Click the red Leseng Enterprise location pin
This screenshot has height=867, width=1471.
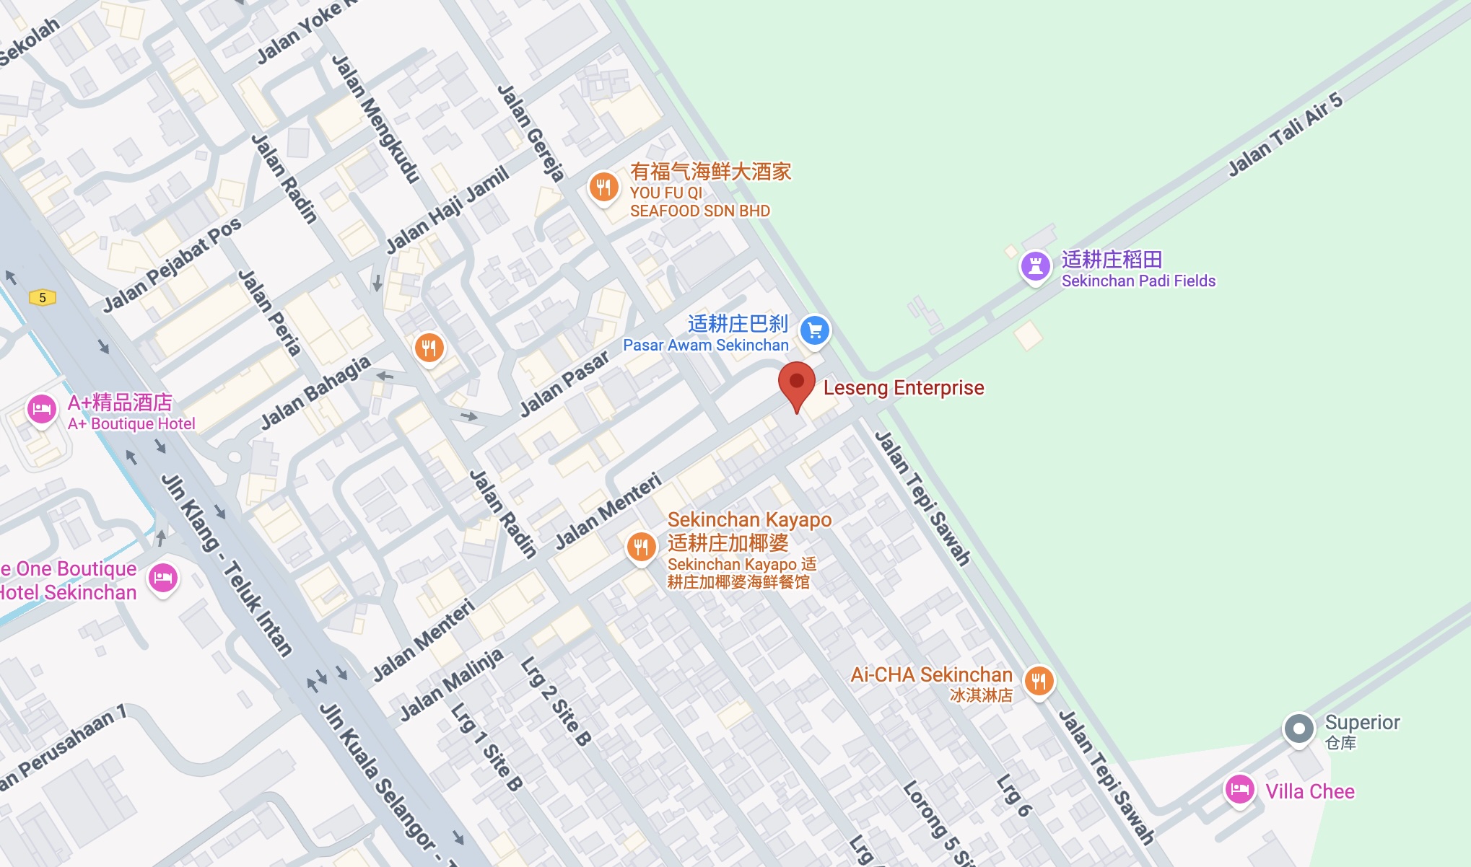[796, 383]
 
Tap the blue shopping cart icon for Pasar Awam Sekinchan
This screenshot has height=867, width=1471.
[815, 331]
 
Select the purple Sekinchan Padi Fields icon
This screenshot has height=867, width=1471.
[1035, 267]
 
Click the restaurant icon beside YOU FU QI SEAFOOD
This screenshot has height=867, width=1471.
[603, 188]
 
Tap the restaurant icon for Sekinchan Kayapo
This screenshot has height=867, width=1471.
[641, 547]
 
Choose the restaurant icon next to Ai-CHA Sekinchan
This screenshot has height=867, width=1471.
[1039, 680]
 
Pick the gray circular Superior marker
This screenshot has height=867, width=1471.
[1298, 729]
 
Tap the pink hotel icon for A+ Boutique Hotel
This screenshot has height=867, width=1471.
[42, 410]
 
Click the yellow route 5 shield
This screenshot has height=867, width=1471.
[43, 297]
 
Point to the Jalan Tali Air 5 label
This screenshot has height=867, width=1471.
[1285, 134]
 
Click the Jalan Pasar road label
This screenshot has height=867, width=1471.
[564, 384]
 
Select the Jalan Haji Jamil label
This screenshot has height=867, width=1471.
[448, 210]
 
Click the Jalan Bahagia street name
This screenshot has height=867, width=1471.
[315, 392]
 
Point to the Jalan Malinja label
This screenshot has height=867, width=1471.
[451, 685]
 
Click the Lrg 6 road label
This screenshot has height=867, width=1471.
[1013, 795]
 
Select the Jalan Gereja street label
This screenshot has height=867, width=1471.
[531, 133]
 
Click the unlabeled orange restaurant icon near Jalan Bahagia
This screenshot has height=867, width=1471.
[429, 348]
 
